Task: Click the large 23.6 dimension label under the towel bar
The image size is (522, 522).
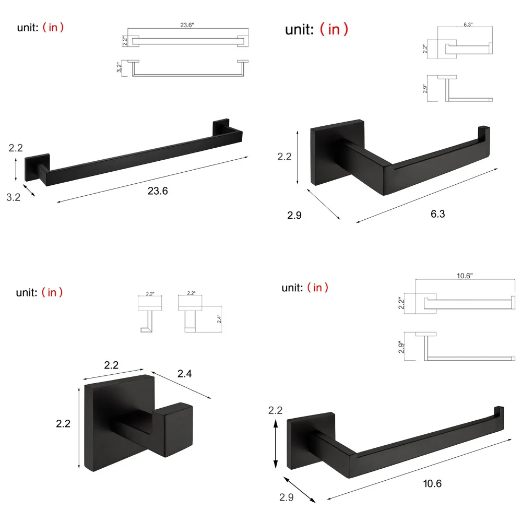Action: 158,191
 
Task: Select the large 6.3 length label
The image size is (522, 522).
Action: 437,213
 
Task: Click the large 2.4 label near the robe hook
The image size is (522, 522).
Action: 185,373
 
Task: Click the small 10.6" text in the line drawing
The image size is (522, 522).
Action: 465,277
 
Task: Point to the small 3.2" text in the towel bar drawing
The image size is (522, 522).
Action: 119,67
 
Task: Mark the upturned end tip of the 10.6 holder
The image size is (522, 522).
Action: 500,413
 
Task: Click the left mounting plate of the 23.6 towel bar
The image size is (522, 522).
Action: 37,167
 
